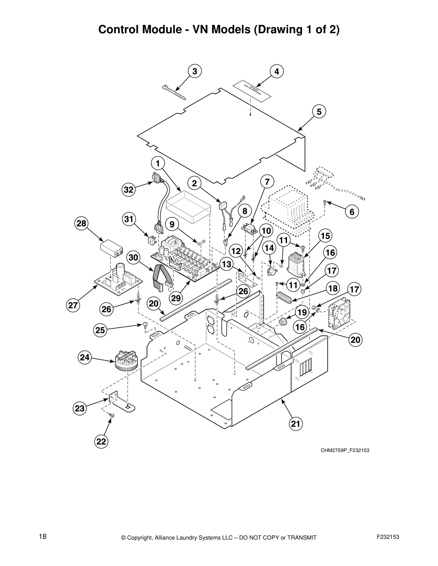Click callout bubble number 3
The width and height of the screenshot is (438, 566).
pos(194,71)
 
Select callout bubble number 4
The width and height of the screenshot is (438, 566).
pos(277,71)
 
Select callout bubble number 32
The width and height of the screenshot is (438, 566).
pos(128,190)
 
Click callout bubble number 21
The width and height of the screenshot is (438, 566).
pos(295,424)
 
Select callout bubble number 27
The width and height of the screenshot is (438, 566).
pos(73,306)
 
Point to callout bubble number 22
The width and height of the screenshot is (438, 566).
pos(101,442)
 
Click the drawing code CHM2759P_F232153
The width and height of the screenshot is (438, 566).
pos(345,450)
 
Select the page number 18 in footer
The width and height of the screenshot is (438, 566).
pos(43,537)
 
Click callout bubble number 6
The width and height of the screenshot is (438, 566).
pos(352,212)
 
